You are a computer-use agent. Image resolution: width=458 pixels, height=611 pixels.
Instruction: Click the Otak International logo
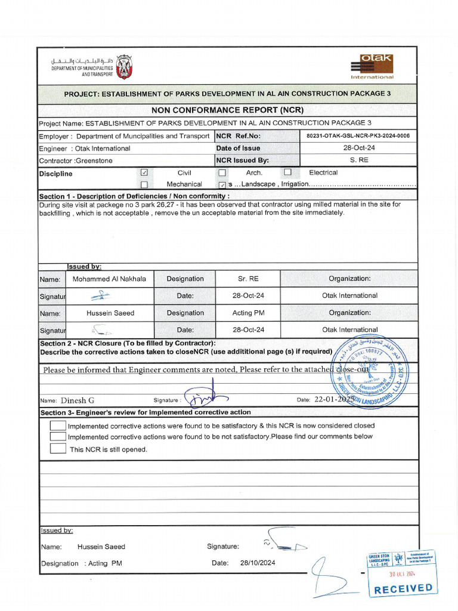(372, 67)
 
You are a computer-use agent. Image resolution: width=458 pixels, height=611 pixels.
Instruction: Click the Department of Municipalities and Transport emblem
(124, 67)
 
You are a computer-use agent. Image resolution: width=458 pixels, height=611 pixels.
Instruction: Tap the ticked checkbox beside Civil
(144, 172)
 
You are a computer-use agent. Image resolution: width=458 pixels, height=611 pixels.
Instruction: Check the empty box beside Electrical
(287, 172)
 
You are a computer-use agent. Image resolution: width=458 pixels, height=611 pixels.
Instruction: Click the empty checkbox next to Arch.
(222, 173)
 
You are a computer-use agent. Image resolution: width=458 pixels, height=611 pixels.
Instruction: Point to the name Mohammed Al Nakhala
(109, 279)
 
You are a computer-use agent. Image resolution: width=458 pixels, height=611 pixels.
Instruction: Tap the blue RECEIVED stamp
(403, 588)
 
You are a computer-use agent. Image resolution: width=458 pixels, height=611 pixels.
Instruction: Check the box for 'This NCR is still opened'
(58, 449)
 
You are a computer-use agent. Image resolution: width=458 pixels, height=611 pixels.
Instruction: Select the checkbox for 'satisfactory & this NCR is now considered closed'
(58, 425)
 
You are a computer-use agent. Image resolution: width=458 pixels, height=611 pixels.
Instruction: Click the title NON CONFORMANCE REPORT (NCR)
(227, 110)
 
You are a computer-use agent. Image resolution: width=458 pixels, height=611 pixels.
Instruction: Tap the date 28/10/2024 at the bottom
(258, 563)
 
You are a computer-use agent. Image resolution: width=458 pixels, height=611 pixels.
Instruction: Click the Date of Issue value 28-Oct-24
(359, 148)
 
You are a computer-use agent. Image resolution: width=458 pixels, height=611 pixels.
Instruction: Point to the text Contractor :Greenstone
(76, 161)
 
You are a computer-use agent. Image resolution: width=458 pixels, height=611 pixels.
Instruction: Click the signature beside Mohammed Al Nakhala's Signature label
(101, 295)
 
